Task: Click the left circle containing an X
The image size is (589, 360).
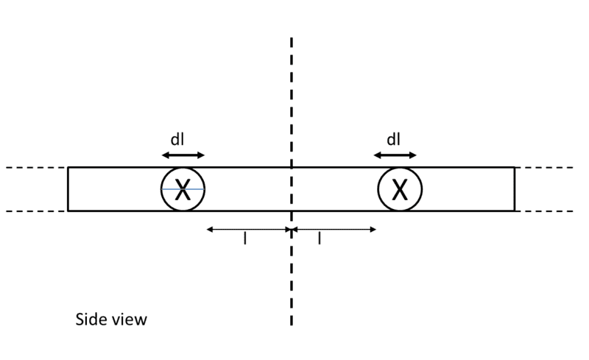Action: (161, 189)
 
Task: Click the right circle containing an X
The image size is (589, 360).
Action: (378, 189)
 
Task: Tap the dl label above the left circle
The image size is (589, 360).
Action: (177, 139)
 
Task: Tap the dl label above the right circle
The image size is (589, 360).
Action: (393, 139)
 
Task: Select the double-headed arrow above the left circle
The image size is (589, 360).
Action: (183, 155)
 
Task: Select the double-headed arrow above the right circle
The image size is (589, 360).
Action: (395, 155)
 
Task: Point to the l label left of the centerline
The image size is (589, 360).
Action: (245, 239)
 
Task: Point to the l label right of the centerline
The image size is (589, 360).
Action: (320, 239)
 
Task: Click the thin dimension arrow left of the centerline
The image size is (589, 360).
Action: (249, 229)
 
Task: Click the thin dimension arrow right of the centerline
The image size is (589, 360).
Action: (334, 229)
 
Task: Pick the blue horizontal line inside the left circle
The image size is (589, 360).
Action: (183, 189)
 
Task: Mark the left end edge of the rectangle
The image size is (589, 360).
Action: (68, 189)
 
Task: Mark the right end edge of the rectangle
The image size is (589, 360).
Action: (514, 189)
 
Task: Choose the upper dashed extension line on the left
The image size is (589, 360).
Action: (37, 167)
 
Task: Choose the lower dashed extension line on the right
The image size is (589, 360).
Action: (544, 211)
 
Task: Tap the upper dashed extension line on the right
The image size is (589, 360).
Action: (544, 167)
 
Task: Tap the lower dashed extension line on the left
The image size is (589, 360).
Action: (37, 211)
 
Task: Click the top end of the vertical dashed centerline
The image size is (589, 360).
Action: (292, 38)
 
